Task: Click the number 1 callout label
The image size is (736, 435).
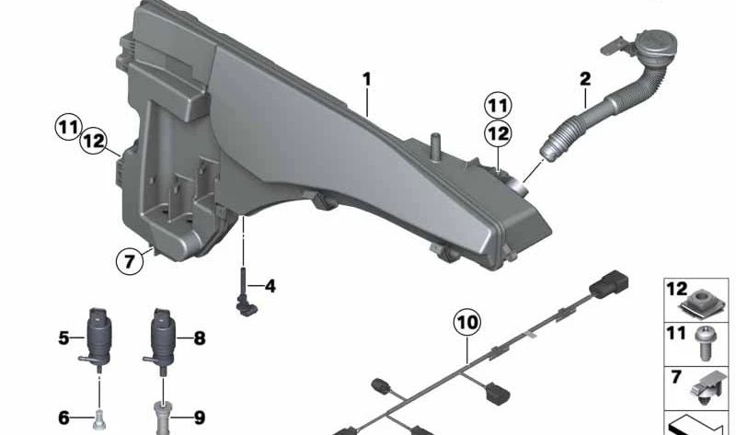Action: pyautogui.click(x=367, y=79)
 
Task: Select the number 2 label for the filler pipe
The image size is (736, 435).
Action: pyautogui.click(x=585, y=79)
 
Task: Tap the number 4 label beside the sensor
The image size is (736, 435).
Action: pyautogui.click(x=270, y=286)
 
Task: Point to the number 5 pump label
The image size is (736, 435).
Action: pyautogui.click(x=63, y=338)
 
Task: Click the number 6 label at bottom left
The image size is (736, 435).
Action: pyautogui.click(x=63, y=418)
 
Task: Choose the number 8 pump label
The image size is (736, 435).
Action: pyautogui.click(x=200, y=338)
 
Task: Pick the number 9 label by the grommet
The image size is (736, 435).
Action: pyautogui.click(x=200, y=418)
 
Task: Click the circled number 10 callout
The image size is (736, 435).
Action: pyautogui.click(x=467, y=323)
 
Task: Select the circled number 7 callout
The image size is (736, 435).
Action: pyautogui.click(x=129, y=261)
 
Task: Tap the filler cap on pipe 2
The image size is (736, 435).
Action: pyautogui.click(x=655, y=46)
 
